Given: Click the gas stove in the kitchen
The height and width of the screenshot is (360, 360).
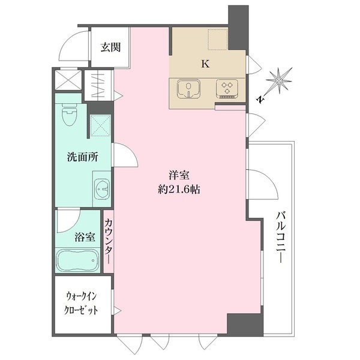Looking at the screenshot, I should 227,89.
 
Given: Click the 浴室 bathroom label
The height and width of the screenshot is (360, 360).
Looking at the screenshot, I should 84,236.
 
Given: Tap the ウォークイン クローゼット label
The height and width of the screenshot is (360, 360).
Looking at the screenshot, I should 82,304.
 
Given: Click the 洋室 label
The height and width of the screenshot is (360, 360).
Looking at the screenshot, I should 179,175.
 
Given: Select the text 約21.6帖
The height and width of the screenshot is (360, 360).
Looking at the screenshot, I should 179,188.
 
